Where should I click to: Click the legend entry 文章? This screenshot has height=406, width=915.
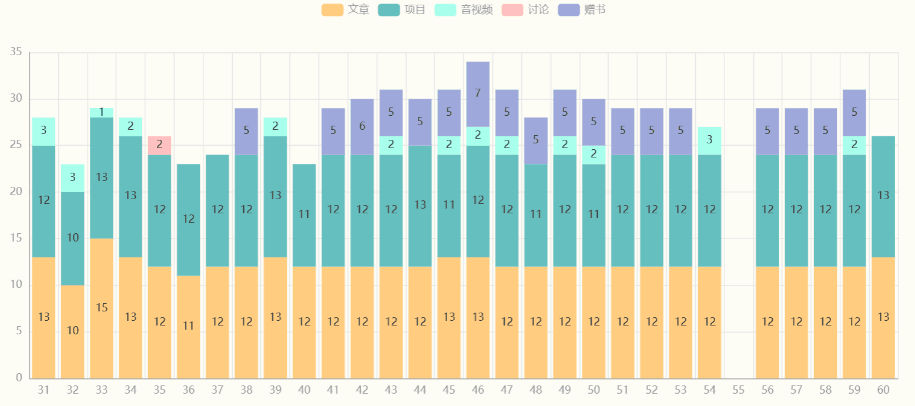pyautogui.click(x=346, y=9)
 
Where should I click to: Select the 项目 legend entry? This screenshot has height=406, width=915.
pyautogui.click(x=402, y=9)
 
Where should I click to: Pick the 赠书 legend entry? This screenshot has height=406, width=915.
pyautogui.click(x=582, y=9)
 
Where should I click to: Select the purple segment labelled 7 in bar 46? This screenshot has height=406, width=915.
pyautogui.click(x=478, y=93)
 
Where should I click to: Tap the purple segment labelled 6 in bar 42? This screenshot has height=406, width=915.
pyautogui.click(x=362, y=126)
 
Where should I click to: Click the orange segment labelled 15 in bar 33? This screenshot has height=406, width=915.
pyautogui.click(x=102, y=308)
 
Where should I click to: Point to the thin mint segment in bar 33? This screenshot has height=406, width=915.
pyautogui.click(x=102, y=112)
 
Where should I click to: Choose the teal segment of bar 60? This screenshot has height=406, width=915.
pyautogui.click(x=883, y=196)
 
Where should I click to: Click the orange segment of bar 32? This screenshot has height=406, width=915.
pyautogui.click(x=73, y=331)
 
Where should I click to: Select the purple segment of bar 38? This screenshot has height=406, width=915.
pyautogui.click(x=246, y=131)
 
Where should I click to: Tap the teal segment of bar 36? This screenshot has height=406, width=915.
pyautogui.click(x=188, y=219)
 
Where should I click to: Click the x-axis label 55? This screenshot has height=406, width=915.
pyautogui.click(x=739, y=390)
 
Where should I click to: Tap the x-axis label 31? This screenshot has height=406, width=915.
pyautogui.click(x=43, y=390)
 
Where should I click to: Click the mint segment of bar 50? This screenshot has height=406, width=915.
pyautogui.click(x=594, y=154)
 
